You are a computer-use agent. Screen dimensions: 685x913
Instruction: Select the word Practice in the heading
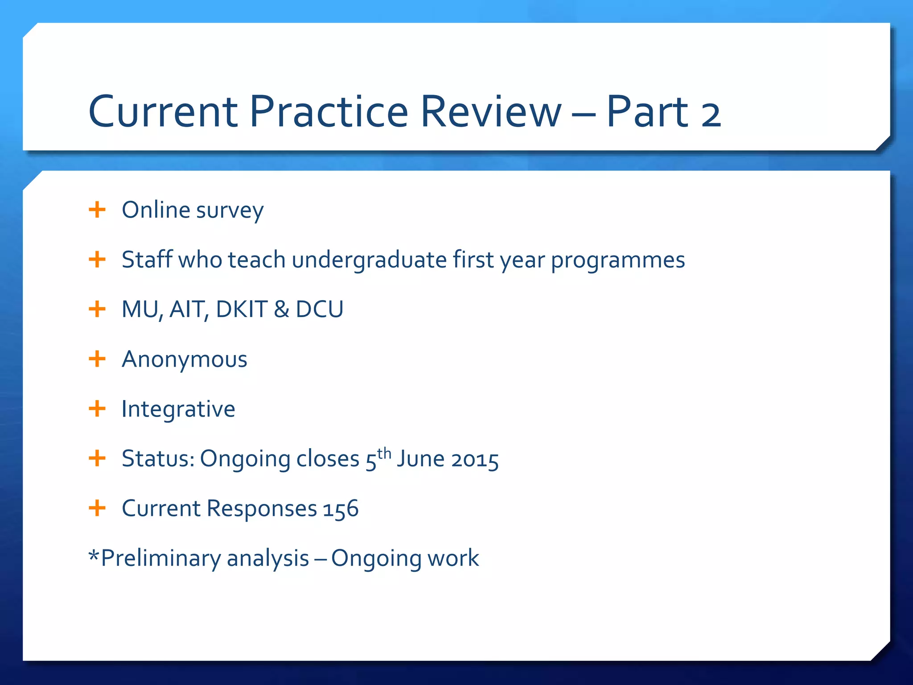point(329,111)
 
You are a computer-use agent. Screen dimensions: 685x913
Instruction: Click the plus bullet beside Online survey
point(97,209)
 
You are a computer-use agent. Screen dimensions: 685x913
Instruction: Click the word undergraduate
point(369,260)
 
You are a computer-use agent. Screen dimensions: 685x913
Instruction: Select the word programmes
point(618,261)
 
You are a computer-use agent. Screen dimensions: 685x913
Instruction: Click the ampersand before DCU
point(281,309)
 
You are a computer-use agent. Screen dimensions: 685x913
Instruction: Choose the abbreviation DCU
point(320,309)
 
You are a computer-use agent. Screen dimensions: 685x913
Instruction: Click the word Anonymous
point(184,359)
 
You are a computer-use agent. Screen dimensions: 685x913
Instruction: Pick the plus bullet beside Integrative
point(97,408)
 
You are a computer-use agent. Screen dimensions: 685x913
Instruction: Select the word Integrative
point(178,409)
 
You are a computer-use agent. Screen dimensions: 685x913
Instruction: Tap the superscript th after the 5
point(384,453)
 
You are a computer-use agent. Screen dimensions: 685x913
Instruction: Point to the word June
point(420,459)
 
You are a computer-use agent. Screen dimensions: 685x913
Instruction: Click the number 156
point(341,509)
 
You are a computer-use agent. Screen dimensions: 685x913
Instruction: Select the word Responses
point(262,509)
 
